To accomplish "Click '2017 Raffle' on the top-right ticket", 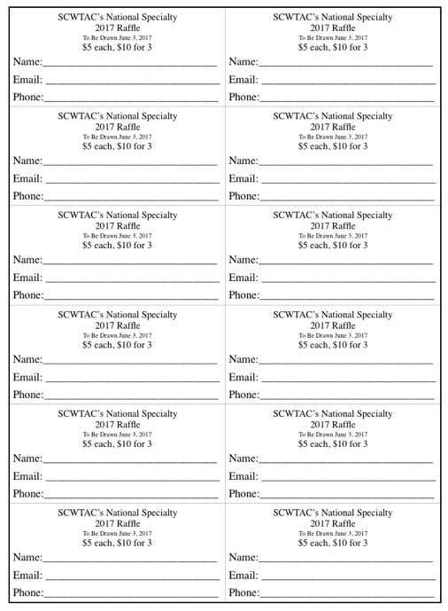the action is click(x=333, y=27).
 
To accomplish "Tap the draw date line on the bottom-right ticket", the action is click(x=333, y=532).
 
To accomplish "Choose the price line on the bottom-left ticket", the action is click(x=117, y=543).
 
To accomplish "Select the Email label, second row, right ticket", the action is click(x=244, y=180).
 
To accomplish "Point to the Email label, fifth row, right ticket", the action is click(x=244, y=477).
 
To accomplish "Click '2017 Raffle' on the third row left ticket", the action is click(x=117, y=225).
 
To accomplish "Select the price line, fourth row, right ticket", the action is click(x=333, y=344).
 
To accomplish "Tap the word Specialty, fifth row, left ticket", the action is click(x=154, y=413).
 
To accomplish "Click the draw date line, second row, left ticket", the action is click(x=117, y=137).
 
